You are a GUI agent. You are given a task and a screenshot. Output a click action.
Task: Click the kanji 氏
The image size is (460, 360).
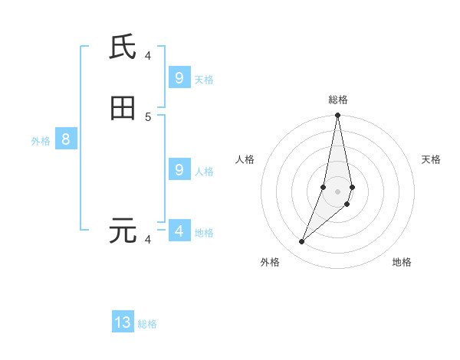[x=123, y=47]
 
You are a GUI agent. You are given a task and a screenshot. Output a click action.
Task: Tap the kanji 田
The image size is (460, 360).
[x=123, y=109]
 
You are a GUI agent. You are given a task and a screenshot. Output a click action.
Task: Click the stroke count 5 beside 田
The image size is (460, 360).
[x=148, y=116]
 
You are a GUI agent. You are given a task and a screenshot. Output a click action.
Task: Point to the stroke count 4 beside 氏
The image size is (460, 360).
[x=148, y=55]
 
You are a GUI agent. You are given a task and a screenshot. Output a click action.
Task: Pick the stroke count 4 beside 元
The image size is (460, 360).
[x=148, y=240]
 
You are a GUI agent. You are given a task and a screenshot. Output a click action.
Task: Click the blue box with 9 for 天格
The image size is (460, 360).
[x=179, y=78]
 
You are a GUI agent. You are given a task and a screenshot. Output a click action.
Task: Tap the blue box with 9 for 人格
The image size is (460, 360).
[x=179, y=170]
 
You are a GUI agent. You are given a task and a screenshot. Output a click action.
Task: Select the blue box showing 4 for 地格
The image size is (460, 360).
[x=179, y=231]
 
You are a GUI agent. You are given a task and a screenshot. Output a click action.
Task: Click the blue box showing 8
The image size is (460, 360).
[x=66, y=139]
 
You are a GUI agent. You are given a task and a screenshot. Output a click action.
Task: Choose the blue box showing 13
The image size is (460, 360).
[x=123, y=322]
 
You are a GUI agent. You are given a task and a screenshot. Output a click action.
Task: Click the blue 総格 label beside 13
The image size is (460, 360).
[x=147, y=324]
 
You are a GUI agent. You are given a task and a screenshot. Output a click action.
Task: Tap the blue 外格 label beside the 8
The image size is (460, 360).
[x=41, y=141]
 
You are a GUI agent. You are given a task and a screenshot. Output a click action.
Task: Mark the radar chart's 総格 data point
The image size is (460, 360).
[x=337, y=116]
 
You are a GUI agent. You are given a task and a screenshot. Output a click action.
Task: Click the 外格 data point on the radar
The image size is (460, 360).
[x=301, y=242]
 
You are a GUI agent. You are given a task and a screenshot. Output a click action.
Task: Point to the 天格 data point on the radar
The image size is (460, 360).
[x=352, y=187]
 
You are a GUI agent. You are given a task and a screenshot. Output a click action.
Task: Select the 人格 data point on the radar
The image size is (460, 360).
[x=324, y=187]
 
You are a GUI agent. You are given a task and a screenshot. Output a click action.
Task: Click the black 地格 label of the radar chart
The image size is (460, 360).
[x=402, y=263]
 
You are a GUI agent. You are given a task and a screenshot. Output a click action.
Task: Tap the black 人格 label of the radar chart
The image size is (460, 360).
[x=245, y=159]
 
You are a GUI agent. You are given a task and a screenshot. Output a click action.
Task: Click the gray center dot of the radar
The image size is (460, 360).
[x=337, y=191]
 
